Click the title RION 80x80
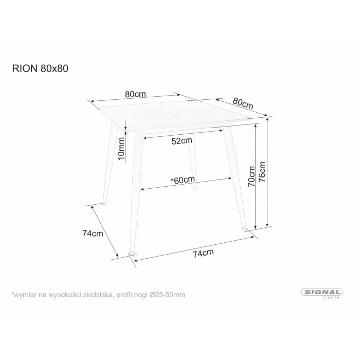point(40,68)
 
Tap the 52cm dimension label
point(182,140)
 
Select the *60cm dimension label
point(183,180)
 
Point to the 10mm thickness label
point(121,148)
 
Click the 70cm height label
point(251,176)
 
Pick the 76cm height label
point(262,172)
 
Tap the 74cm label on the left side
point(93,233)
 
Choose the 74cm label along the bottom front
point(203,253)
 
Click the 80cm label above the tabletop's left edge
point(135,94)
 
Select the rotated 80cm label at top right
point(243,103)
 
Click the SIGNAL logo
point(322,292)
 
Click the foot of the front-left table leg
point(132,252)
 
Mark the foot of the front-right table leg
point(244,229)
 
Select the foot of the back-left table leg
point(104,204)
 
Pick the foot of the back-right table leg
point(195,189)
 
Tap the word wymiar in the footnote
point(24,295)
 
